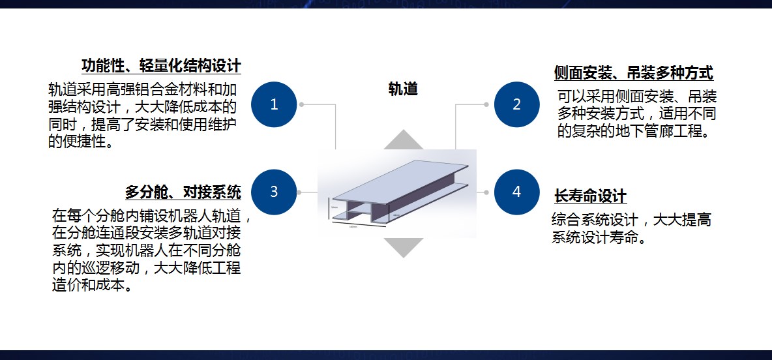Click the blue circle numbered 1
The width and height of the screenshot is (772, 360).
(274, 104)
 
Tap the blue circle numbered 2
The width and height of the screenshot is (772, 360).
(516, 104)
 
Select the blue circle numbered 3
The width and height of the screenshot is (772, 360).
(274, 192)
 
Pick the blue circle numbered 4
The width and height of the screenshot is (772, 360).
(516, 192)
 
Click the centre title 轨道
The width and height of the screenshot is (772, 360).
(403, 89)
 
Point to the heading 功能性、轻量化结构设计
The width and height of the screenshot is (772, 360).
(161, 66)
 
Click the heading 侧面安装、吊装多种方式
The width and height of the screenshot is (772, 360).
(633, 72)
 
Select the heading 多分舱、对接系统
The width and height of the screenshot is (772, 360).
(183, 192)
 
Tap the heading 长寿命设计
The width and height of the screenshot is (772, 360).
(590, 196)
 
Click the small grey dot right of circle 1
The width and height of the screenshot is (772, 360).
(301, 104)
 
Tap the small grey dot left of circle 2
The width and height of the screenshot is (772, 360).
(486, 104)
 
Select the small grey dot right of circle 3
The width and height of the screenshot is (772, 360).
(299, 192)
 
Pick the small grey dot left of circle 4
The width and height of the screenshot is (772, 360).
(486, 192)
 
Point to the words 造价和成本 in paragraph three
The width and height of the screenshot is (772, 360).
(90, 285)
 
